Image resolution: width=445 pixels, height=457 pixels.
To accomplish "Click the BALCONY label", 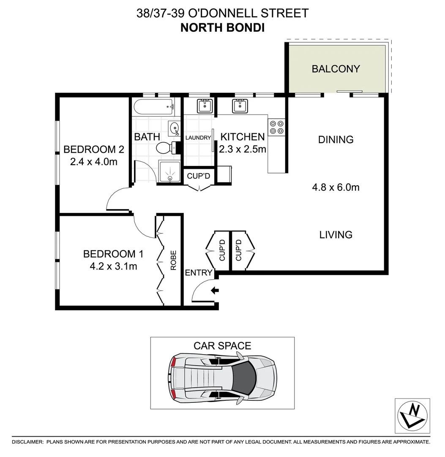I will pyautogui.click(x=336, y=69).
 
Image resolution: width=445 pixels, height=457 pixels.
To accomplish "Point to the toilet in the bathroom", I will pyautogui.click(x=165, y=148).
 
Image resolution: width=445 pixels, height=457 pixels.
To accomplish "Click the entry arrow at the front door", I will pyautogui.click(x=215, y=290).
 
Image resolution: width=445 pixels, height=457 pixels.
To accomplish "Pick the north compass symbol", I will pyautogui.click(x=412, y=416).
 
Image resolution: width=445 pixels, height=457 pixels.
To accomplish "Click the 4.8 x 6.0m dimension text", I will pyautogui.click(x=336, y=187).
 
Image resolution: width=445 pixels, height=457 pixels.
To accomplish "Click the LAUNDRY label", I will pyautogui.click(x=198, y=138).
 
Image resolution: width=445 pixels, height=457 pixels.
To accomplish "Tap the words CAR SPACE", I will pyautogui.click(x=222, y=346).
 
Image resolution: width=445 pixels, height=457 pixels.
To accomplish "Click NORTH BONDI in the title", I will pyautogui.click(x=222, y=28).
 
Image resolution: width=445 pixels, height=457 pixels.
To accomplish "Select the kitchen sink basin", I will pyautogui.click(x=240, y=105).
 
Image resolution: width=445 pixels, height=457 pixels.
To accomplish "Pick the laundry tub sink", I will pyautogui.click(x=205, y=105).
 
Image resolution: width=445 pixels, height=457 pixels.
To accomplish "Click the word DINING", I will pyautogui.click(x=336, y=140).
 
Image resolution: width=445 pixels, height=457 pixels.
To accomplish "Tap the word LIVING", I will pyautogui.click(x=336, y=234).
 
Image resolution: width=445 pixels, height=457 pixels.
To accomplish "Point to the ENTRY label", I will pyautogui.click(x=198, y=273).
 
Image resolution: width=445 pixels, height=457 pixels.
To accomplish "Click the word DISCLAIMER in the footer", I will pyautogui.click(x=28, y=442).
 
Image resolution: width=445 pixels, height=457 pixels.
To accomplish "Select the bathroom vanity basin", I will pyautogui.click(x=174, y=127).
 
